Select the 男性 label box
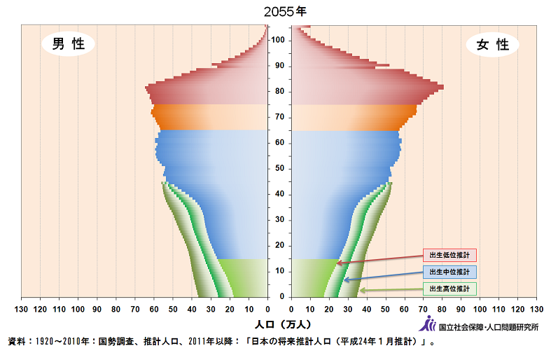pos(69,44)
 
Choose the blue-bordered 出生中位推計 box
pos(449,272)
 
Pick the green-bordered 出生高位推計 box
pos(449,289)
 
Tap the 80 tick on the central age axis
pos(279,91)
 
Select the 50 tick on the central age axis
pos(279,168)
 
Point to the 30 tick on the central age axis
pos(279,219)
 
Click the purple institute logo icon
pos(426,324)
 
